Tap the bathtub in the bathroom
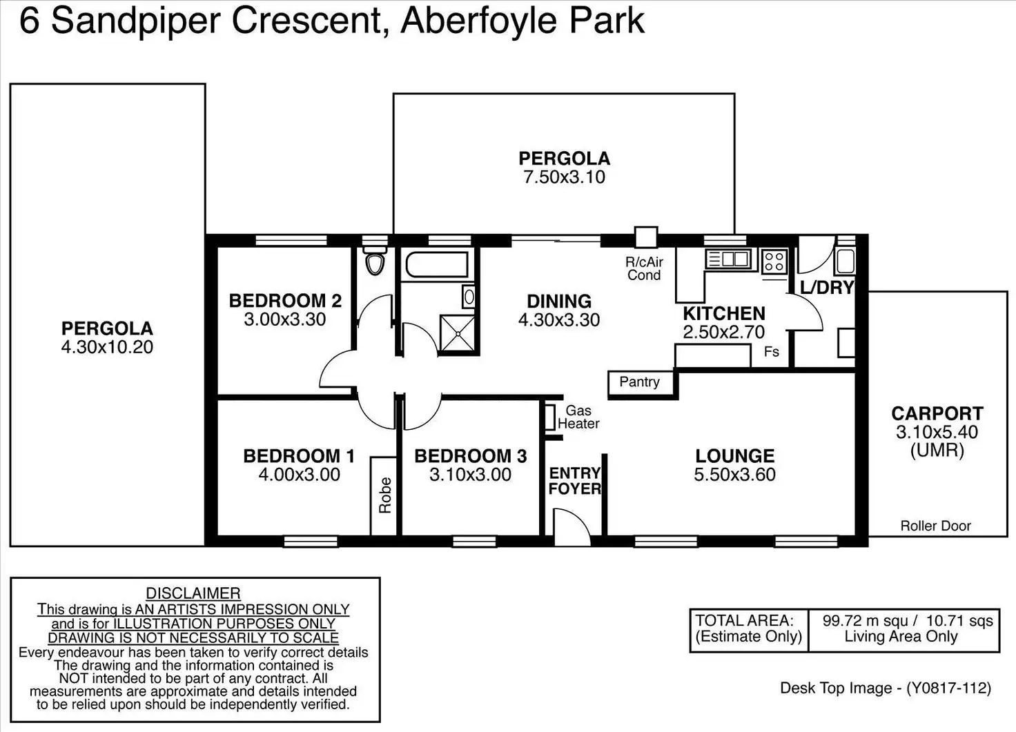click(437, 265)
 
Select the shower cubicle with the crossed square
click(458, 334)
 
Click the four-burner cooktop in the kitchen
click(774, 261)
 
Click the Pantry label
click(640, 382)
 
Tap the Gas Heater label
click(578, 417)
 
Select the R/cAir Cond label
click(644, 268)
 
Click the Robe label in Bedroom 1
click(384, 495)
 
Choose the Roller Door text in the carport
click(935, 526)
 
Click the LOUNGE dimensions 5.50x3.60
click(735, 475)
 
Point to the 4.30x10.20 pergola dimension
click(107, 347)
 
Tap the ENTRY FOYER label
click(575, 481)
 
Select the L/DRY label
click(827, 288)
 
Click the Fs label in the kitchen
click(772, 352)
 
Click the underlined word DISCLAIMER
click(193, 593)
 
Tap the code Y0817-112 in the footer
click(948, 688)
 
